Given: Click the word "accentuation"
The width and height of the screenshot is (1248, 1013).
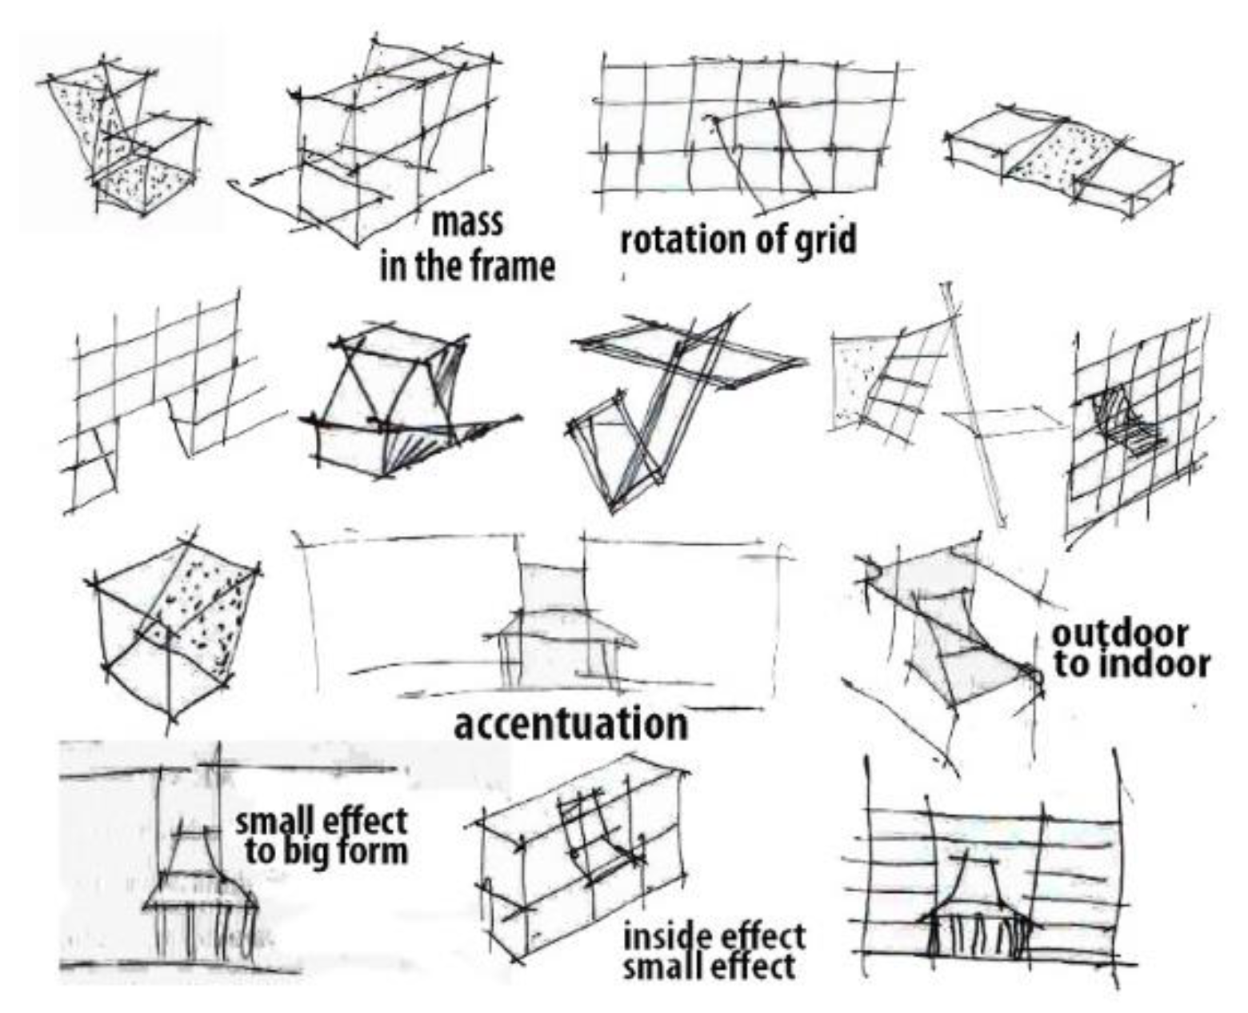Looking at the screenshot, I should [x=570, y=724].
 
